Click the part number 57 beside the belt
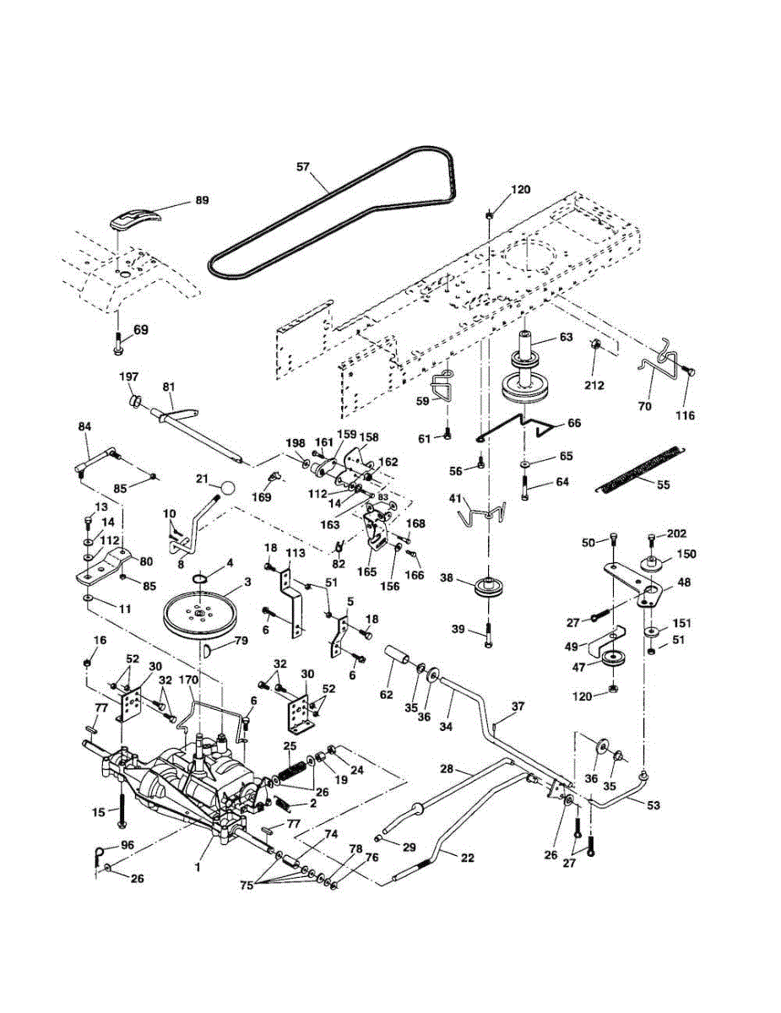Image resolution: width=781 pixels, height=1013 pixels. (x=304, y=167)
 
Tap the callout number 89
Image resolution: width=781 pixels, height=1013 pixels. (x=202, y=200)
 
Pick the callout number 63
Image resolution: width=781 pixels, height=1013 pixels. (x=566, y=337)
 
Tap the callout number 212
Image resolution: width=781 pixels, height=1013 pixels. (x=594, y=385)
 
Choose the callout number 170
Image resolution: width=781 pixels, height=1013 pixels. (x=189, y=680)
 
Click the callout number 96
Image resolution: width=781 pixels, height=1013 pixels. (x=127, y=845)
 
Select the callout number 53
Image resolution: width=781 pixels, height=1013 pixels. (x=654, y=805)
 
